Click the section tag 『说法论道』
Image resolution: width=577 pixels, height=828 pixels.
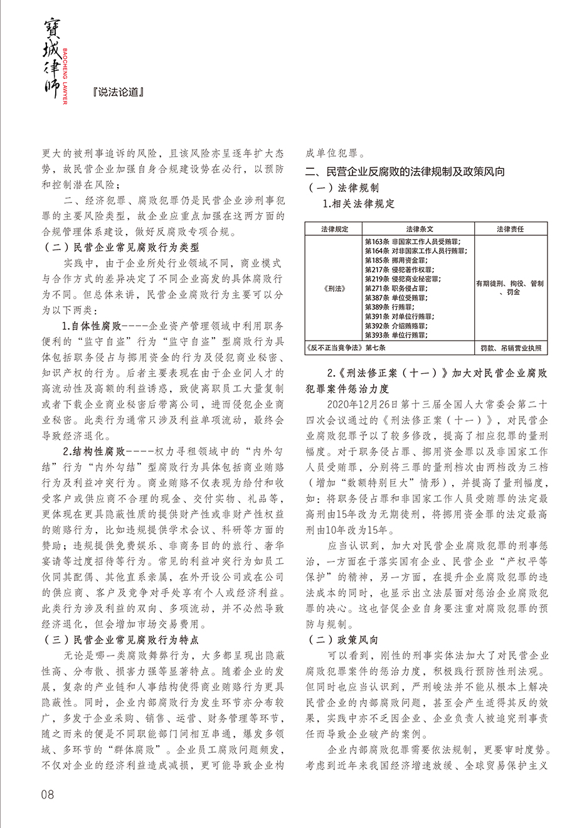(120, 92)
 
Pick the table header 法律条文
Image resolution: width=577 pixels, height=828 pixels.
(419, 230)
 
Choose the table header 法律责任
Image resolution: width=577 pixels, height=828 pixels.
(509, 230)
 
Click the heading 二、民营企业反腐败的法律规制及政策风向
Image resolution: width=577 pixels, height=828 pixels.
(405, 171)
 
